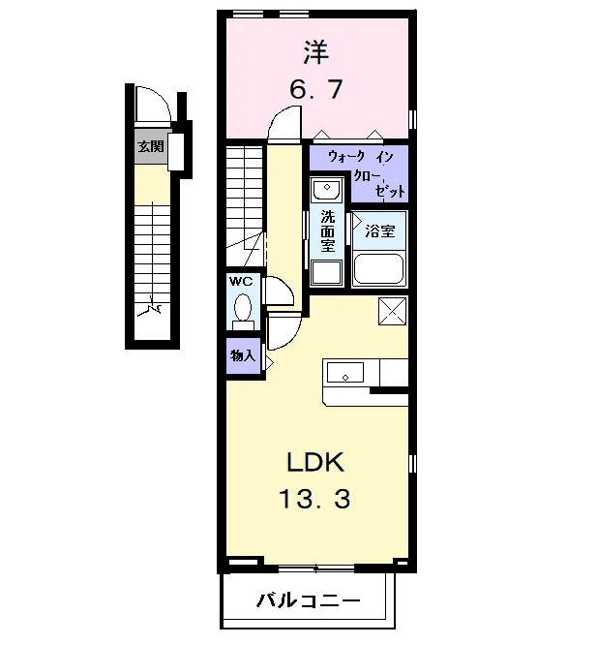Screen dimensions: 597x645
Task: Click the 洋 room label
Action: point(316,52)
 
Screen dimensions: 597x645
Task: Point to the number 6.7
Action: point(316,89)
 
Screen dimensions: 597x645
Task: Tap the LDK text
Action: point(315,462)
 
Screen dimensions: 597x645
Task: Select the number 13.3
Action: point(315,498)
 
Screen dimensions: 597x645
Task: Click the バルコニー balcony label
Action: point(309,601)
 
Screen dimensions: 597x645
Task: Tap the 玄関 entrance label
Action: point(150,146)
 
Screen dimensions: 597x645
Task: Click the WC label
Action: point(241,282)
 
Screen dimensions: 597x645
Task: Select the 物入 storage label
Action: point(243,355)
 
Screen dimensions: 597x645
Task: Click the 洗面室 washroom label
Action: point(327,230)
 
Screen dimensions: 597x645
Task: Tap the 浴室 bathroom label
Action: point(380,231)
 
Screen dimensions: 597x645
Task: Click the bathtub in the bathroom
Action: point(379,268)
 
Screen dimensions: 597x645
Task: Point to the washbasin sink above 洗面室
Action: point(327,189)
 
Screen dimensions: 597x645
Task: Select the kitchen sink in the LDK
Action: point(345,373)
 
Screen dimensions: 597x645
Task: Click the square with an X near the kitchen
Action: point(393,311)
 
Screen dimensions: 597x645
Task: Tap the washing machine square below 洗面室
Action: point(327,272)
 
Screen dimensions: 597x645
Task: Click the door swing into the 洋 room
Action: point(284,122)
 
